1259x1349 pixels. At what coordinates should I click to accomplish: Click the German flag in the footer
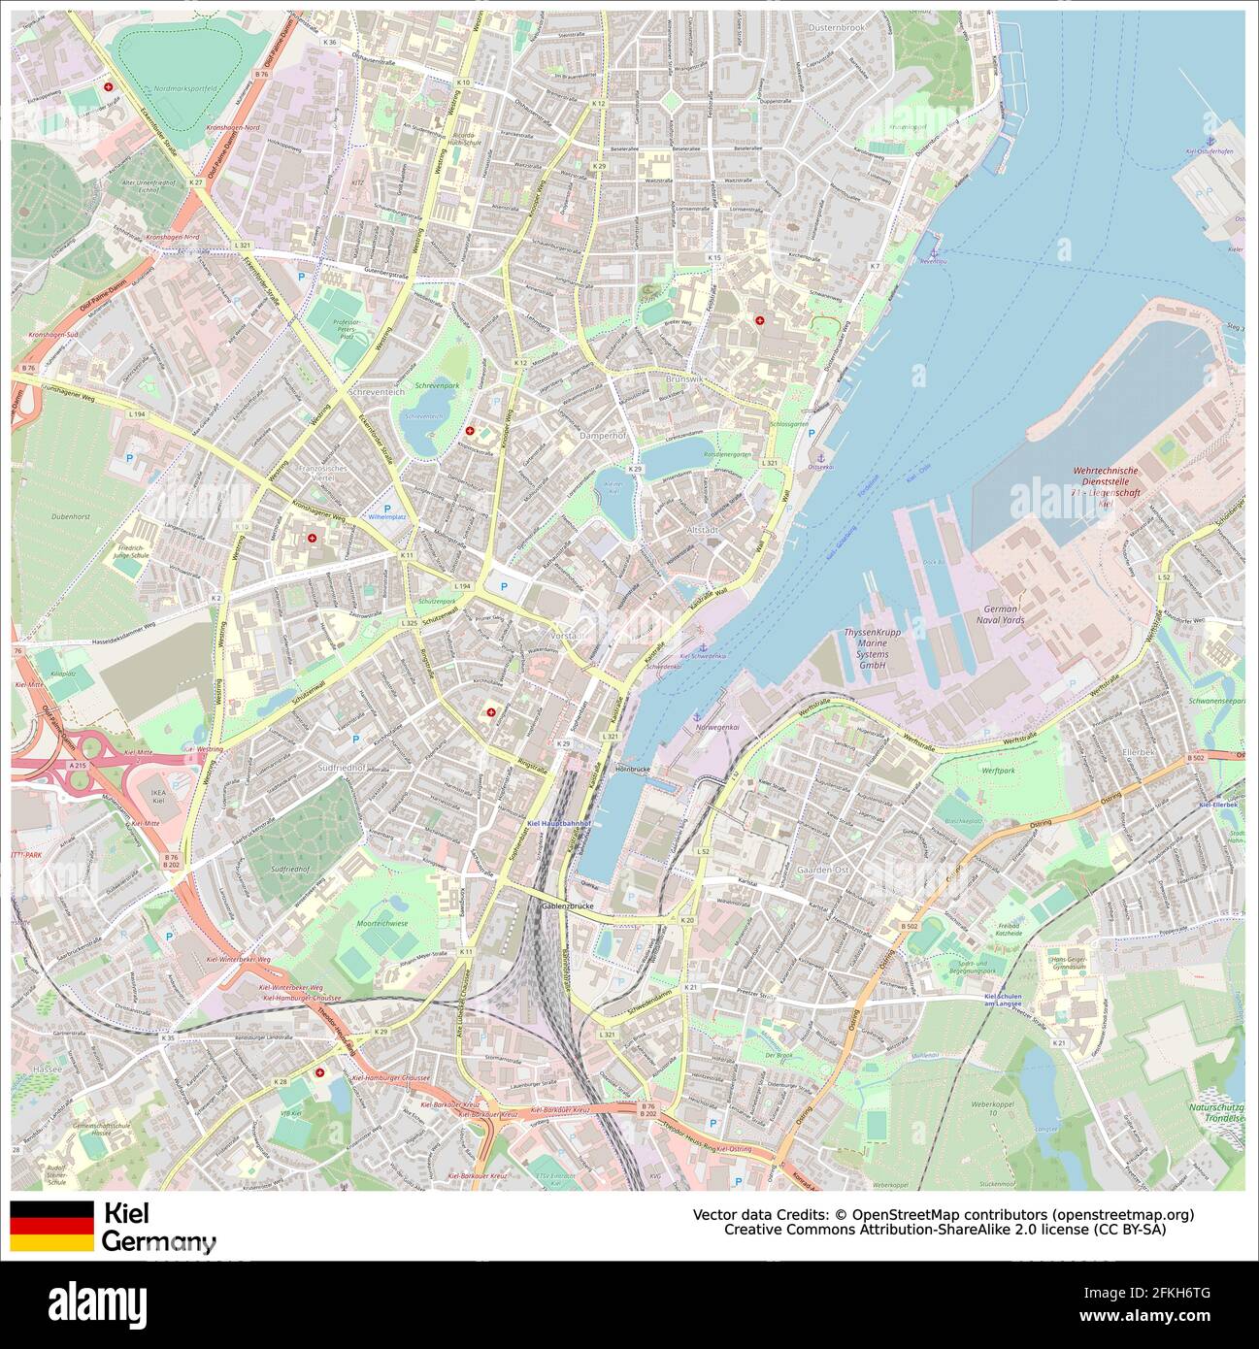coord(51,1226)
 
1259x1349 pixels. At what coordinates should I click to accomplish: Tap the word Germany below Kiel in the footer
coord(158,1241)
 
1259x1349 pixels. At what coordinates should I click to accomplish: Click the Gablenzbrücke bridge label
coord(566,905)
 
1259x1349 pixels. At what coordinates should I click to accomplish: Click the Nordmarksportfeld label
coord(184,89)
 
